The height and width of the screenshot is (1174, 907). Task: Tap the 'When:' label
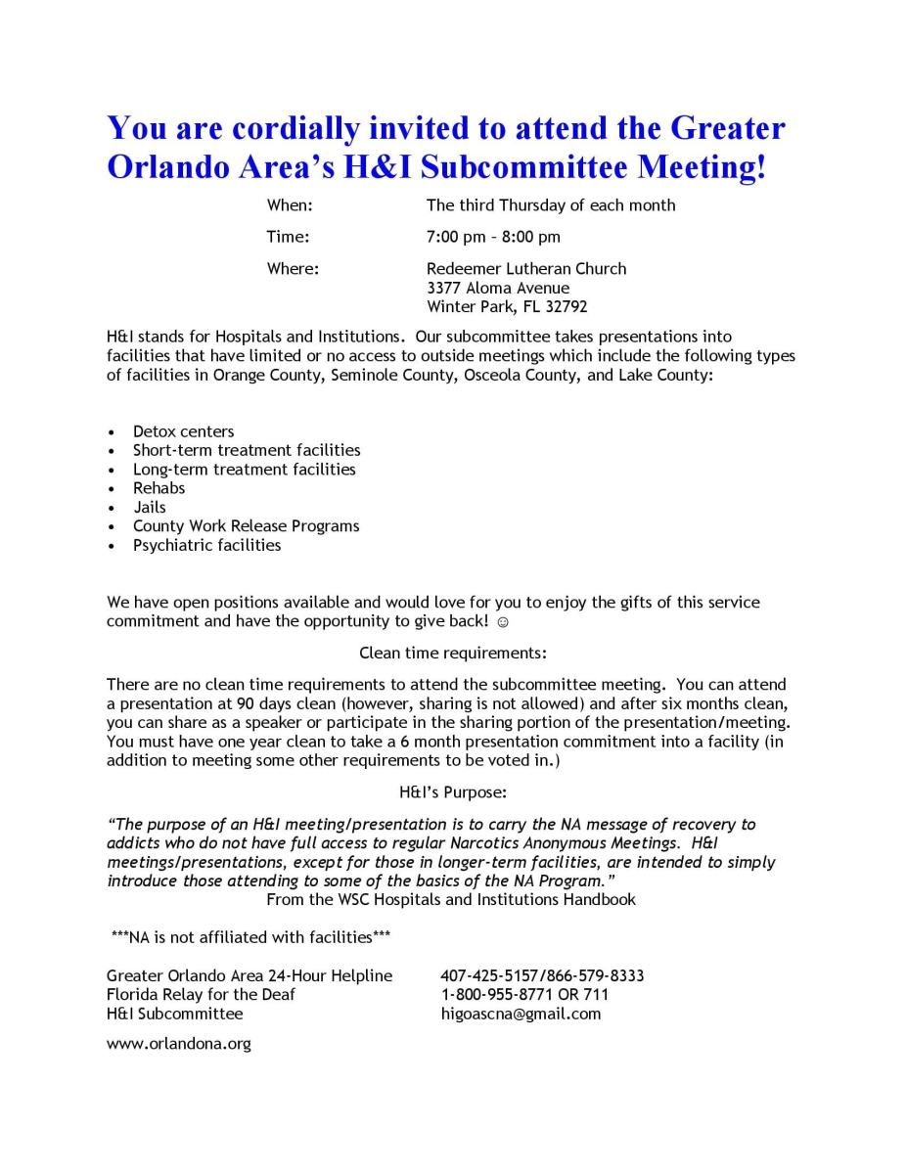tap(290, 205)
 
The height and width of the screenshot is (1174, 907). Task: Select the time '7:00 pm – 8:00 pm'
tap(493, 237)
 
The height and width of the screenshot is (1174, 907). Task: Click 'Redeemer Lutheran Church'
tap(526, 268)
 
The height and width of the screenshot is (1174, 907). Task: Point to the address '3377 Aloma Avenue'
tap(498, 288)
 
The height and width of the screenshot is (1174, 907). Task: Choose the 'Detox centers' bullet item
tap(184, 431)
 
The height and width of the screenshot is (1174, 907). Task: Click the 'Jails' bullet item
tap(150, 507)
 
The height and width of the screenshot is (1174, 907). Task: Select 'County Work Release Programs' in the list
tap(247, 526)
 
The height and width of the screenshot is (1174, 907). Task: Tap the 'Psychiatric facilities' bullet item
tap(207, 545)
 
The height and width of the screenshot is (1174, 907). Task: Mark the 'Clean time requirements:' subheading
tap(453, 653)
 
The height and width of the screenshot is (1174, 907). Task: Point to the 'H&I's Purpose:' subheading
tap(452, 792)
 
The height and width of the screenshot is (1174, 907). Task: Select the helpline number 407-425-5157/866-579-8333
tap(542, 975)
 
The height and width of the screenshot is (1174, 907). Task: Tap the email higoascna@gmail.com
tap(521, 1014)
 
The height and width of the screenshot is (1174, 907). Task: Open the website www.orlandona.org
tap(179, 1044)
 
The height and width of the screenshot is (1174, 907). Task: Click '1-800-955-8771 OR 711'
tap(524, 994)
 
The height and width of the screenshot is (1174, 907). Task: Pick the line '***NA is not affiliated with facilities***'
tap(251, 937)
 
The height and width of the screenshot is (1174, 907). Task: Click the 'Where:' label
tap(294, 268)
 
